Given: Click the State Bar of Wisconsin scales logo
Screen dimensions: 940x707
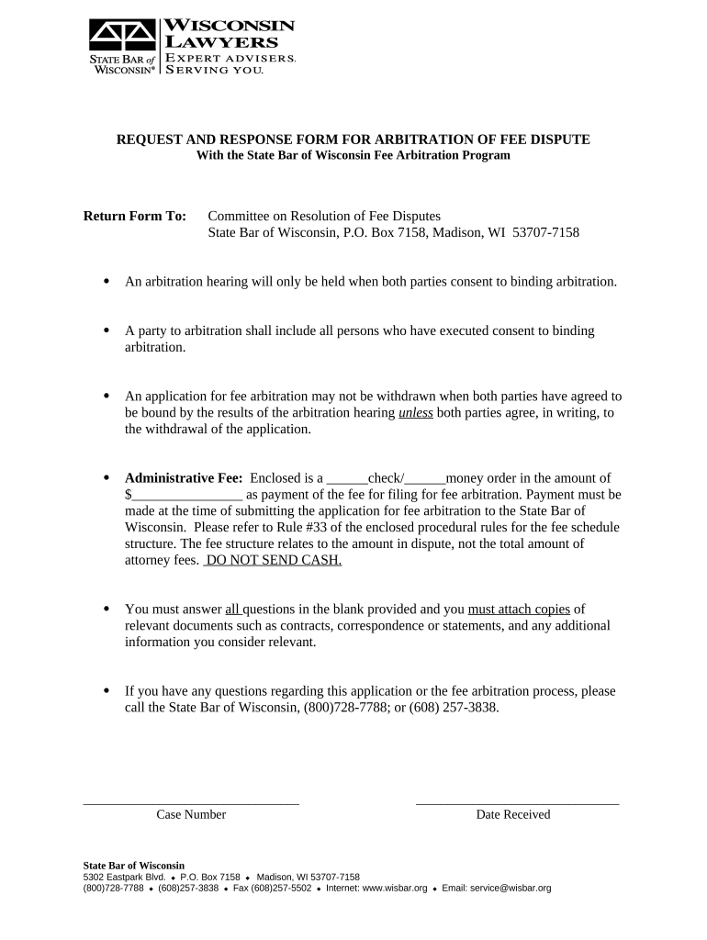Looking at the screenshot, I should (122, 37).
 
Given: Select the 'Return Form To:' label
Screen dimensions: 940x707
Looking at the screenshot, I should (135, 217).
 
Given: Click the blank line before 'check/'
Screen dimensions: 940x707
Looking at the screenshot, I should (347, 478).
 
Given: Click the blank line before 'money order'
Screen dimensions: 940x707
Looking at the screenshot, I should (425, 478).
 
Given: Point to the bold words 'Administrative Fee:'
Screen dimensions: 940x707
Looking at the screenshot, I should (184, 478).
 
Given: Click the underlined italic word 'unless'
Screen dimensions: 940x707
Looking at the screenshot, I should (416, 413).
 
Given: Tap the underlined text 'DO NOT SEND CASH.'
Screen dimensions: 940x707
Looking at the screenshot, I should (274, 560).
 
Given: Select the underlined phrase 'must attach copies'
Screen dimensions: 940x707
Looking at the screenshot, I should (519, 610).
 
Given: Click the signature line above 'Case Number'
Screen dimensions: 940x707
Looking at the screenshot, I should (191, 804).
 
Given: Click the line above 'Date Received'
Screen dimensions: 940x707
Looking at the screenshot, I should (517, 804).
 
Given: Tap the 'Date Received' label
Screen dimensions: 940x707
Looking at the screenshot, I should (513, 815).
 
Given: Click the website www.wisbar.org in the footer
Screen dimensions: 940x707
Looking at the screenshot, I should (396, 889).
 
